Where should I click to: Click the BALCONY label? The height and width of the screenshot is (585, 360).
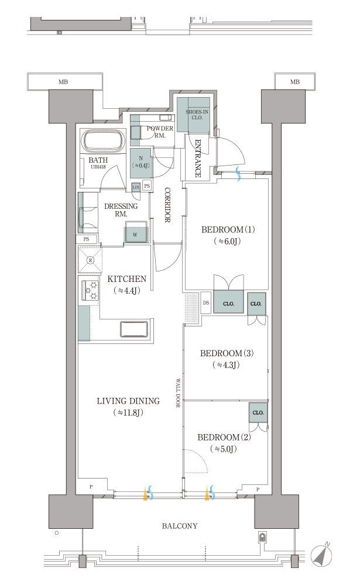180,526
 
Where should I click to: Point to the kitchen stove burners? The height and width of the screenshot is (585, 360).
90,291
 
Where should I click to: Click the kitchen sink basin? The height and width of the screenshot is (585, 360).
134,329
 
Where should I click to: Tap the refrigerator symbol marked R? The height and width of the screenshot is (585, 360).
90,260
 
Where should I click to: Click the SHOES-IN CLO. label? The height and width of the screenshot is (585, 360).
197,115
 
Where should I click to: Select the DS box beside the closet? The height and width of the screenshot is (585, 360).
206,303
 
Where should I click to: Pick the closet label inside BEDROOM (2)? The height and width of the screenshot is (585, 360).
258,412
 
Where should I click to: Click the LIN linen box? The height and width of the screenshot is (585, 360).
136,187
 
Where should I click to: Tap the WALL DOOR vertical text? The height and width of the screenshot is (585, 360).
178,394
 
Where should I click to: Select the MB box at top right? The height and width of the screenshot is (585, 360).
295,82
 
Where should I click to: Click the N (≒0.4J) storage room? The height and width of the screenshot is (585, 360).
141,163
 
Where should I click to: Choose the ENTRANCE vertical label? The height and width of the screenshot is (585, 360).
198,158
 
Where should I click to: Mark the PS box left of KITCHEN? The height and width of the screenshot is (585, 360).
87,239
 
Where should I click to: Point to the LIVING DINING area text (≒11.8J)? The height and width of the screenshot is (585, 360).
128,407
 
